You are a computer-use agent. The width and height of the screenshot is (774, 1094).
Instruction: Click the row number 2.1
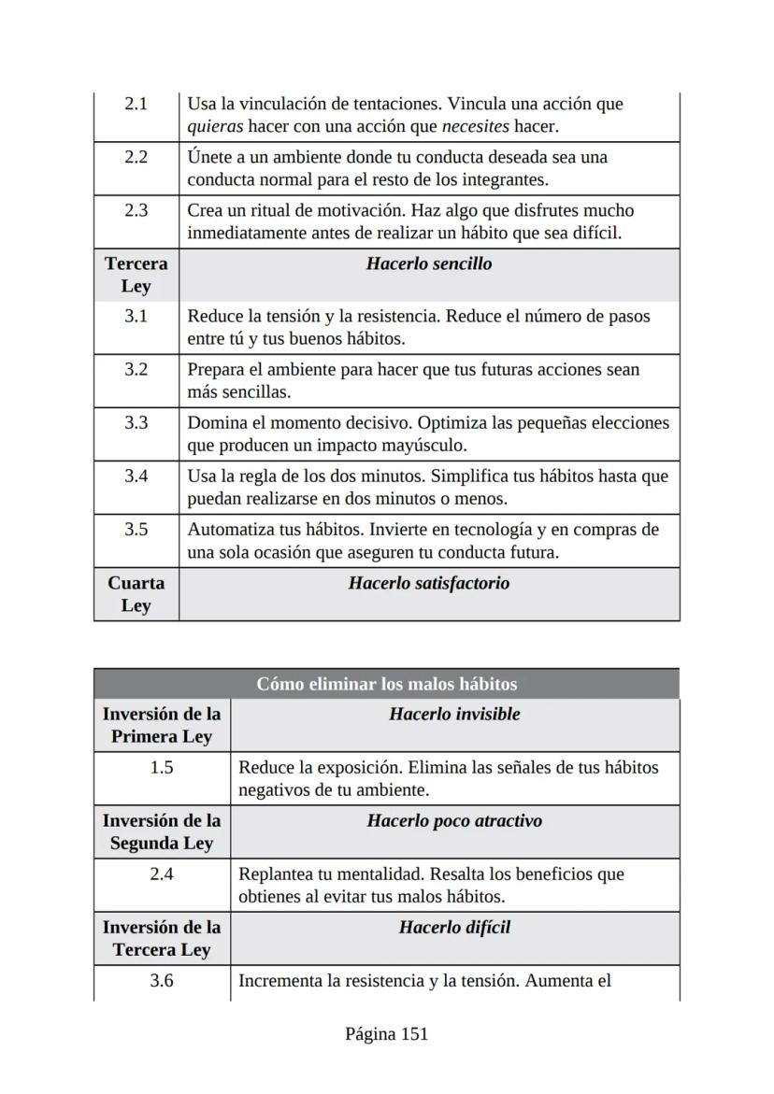[x=136, y=104]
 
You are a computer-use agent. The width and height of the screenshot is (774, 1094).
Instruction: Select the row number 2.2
[x=136, y=157]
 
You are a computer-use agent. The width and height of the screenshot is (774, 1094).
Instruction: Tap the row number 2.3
[x=136, y=210]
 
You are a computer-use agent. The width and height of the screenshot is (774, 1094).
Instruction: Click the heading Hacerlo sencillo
[x=429, y=263]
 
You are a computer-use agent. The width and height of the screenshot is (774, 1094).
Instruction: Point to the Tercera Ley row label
[x=136, y=275]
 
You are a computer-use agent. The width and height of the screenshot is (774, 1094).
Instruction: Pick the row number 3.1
[x=136, y=317]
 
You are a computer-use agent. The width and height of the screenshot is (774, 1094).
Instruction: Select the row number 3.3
[x=136, y=423]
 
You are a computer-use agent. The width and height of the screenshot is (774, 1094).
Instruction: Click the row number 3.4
[x=136, y=476]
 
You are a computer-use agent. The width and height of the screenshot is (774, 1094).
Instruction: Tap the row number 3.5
[x=136, y=530]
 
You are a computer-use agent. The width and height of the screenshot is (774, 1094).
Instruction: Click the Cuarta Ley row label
[x=136, y=594]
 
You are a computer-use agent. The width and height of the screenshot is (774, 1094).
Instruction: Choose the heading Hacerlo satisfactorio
[x=429, y=583]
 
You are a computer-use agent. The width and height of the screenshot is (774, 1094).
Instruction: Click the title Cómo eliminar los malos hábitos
[x=386, y=684]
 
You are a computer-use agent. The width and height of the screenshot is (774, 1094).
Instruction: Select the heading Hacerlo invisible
[x=454, y=714]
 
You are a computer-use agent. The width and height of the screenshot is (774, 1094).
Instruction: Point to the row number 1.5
[x=162, y=767]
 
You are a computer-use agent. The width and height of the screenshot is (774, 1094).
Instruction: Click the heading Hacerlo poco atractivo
[x=454, y=820]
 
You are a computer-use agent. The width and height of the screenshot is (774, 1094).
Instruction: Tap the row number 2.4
[x=162, y=874]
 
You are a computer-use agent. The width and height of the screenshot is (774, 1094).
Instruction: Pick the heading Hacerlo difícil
[x=454, y=927]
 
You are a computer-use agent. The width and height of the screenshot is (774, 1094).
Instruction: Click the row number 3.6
[x=162, y=981]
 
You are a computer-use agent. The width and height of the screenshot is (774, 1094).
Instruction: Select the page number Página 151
[x=386, y=1033]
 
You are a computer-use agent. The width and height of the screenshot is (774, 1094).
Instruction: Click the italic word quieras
[x=215, y=126]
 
